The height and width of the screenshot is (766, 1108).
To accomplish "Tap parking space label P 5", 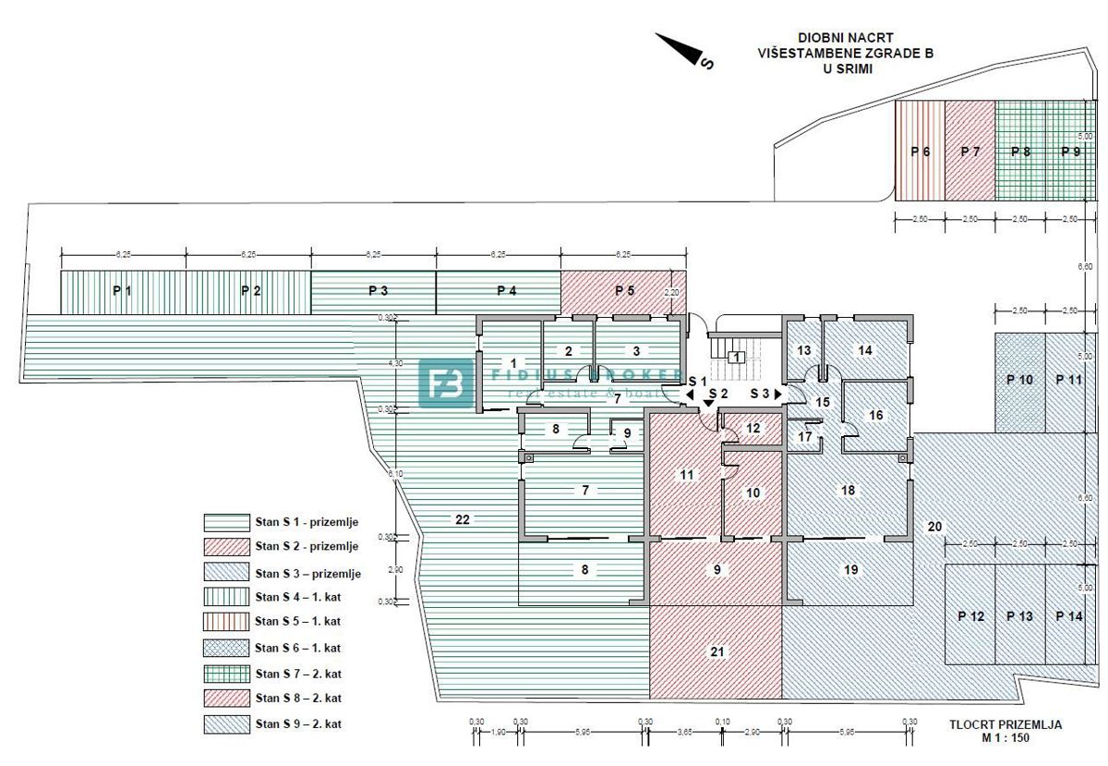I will (625, 290).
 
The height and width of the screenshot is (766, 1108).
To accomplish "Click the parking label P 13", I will (1019, 616).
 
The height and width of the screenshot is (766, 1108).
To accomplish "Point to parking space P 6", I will (920, 152).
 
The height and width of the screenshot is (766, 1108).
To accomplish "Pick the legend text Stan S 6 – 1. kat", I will (298, 648).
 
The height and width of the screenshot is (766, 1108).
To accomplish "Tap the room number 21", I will (717, 652).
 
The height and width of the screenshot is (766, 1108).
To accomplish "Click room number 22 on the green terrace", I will (463, 520).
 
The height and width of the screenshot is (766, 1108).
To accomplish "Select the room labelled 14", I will (864, 350).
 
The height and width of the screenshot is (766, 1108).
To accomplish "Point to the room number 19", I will (850, 570).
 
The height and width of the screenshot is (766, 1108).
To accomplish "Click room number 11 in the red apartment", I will (686, 475).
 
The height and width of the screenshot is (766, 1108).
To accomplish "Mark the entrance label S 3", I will (761, 394).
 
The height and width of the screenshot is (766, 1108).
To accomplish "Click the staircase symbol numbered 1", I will (736, 357).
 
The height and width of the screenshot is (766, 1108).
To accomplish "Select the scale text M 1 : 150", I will (1005, 738).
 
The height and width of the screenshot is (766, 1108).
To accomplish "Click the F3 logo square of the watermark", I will (446, 383).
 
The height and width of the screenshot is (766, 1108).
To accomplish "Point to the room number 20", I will (934, 527).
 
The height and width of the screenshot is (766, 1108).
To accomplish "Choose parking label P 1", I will (122, 290).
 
